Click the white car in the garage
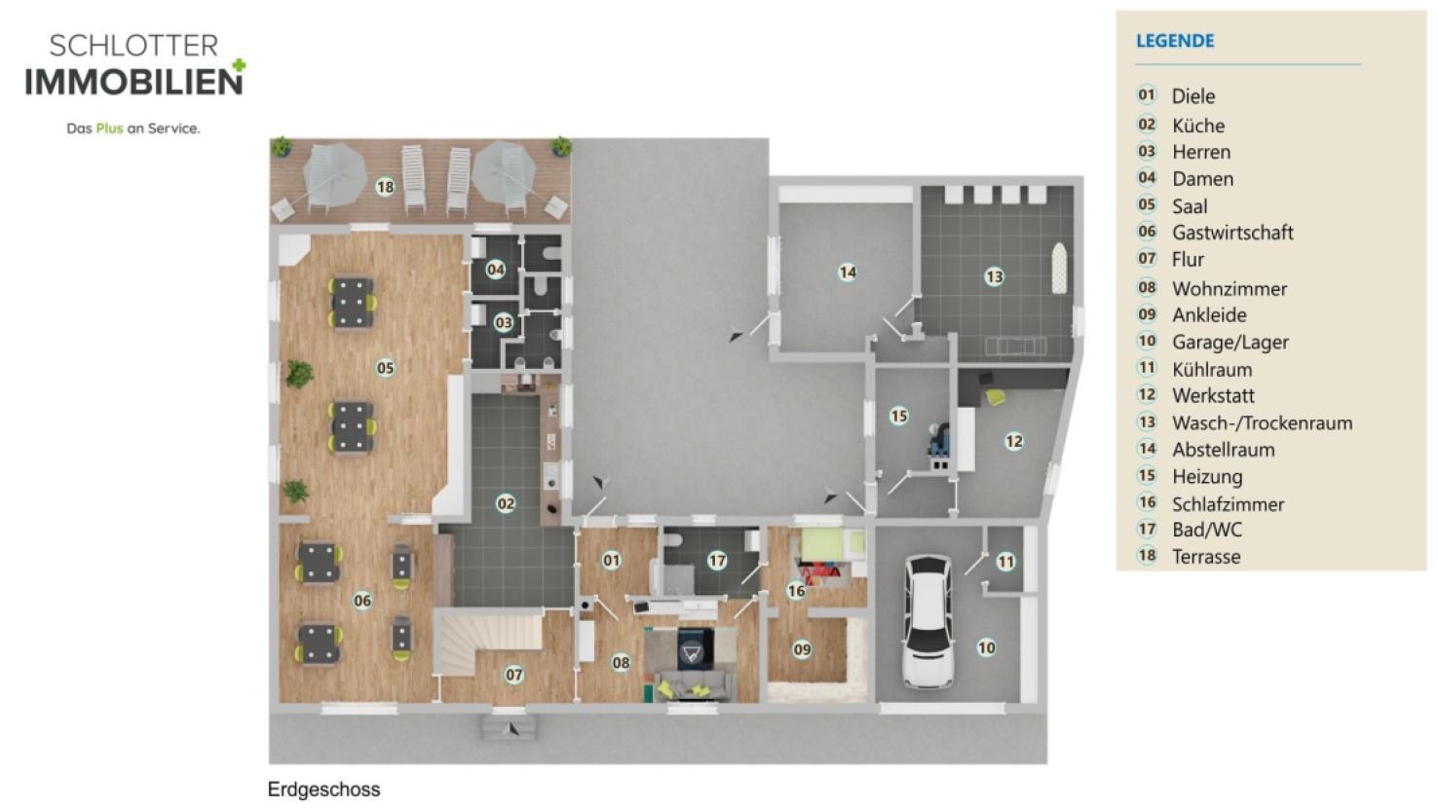point(928,621)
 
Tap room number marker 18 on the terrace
point(385,187)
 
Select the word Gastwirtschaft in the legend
point(1232,232)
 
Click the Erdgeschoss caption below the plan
point(323,790)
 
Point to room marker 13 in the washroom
point(994,277)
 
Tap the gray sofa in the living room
point(696,683)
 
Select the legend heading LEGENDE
point(1175,41)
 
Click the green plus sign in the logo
point(239,65)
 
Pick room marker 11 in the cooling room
point(1005,563)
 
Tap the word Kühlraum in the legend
point(1212,369)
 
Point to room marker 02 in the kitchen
point(506,503)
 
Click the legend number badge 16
point(1147,502)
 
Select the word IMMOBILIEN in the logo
point(133,82)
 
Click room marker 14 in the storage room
point(848,273)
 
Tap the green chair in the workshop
point(996,397)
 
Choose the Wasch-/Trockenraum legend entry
point(1262,423)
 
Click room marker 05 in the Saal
point(385,368)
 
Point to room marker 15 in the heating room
point(898,417)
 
